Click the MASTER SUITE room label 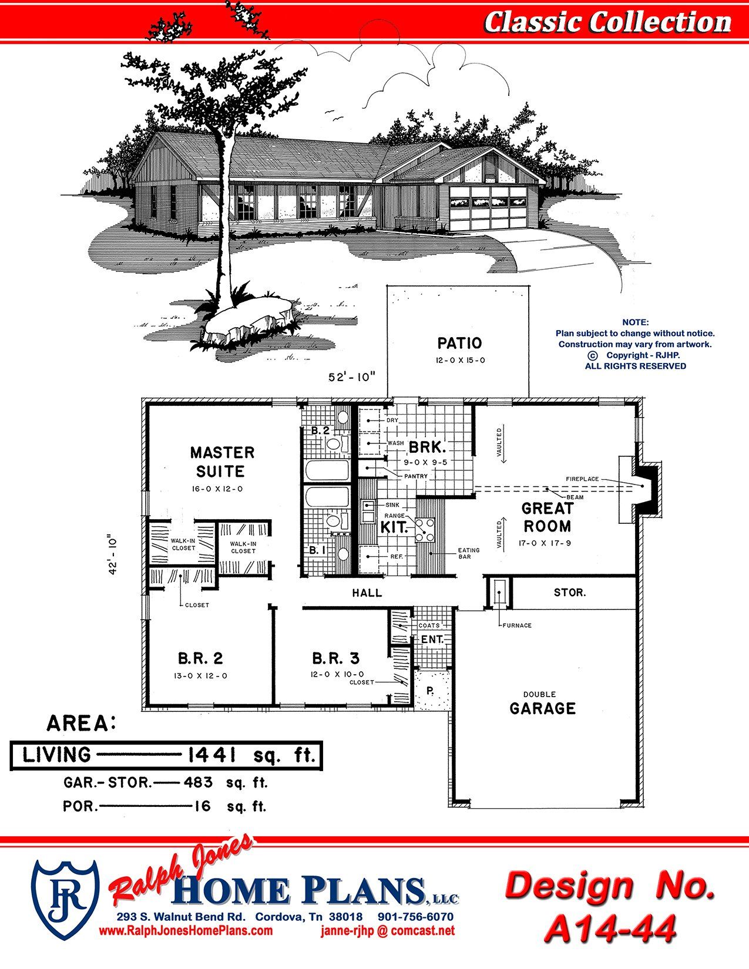222,462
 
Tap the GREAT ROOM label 547,517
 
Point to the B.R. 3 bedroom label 335,658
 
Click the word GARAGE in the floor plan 542,708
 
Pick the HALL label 367,593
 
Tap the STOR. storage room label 570,593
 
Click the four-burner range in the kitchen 425,529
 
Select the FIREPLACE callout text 582,479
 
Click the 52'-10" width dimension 352,377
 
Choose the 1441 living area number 212,755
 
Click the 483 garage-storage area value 198,782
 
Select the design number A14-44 610,928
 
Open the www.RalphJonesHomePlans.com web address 186,930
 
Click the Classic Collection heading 608,22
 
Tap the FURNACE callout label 517,625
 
